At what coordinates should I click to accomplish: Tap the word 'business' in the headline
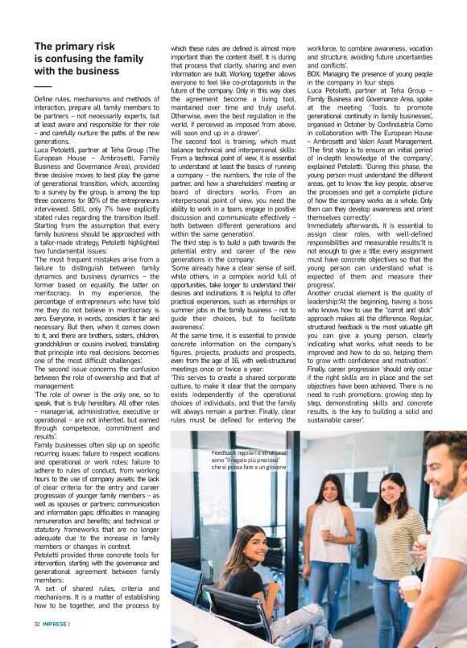click(104, 71)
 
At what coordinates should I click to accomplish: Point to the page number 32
click(37, 623)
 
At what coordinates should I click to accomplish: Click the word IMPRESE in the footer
click(54, 623)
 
